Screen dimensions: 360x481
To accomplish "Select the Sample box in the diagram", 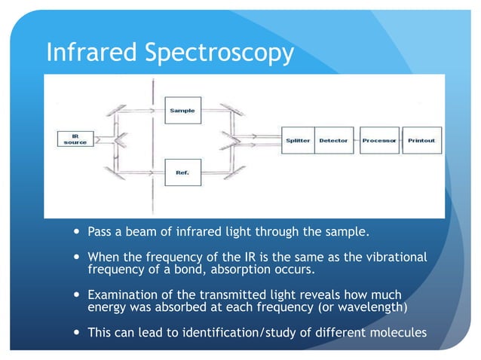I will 182,111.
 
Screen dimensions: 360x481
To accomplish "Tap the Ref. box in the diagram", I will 182,172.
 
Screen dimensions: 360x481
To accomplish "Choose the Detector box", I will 333,141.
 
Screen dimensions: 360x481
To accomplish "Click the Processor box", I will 379,141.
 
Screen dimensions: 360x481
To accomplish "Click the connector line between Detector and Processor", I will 355,141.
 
